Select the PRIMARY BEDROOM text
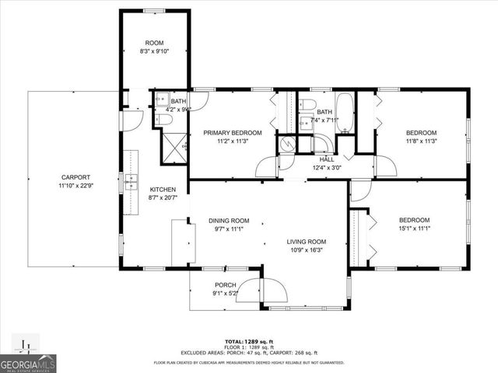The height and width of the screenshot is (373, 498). point(233,133)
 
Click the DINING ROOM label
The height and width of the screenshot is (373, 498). point(229,220)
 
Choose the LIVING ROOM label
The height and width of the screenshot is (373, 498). point(306,242)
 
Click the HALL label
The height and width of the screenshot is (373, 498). point(326,158)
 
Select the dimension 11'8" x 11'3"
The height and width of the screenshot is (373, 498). point(422,141)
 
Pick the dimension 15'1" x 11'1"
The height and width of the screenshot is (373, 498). point(415,228)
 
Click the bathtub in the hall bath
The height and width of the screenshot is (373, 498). point(345,113)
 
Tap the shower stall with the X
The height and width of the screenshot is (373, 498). point(174,145)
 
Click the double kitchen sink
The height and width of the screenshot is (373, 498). point(130,183)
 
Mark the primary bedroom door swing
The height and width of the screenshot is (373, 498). point(268,166)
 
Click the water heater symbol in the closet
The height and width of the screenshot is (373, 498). point(288,145)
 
